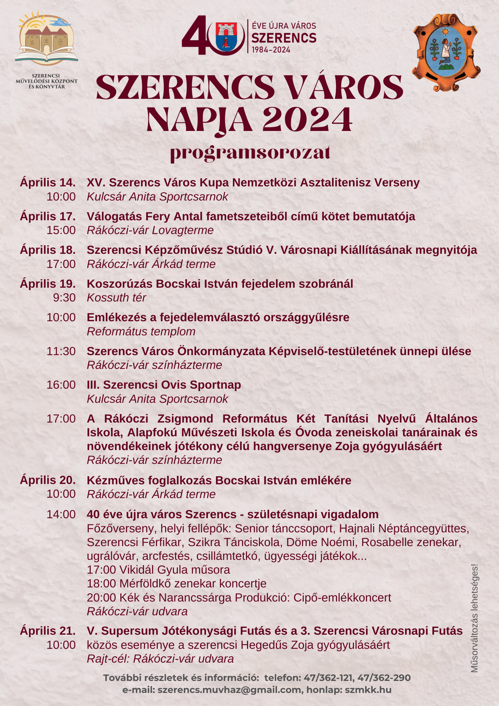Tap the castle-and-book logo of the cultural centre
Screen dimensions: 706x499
pos(47,39)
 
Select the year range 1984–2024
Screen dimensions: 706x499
pos(271,50)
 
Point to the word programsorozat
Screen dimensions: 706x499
pos(250,153)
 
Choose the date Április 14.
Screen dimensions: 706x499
pos(48,183)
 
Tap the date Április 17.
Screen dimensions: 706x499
pos(48,216)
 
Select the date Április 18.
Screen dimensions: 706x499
pos(48,250)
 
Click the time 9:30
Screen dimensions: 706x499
pos(64,298)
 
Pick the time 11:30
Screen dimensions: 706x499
pos(61,351)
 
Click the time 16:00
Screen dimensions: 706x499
pos(61,385)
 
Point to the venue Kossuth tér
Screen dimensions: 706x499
pos(116,298)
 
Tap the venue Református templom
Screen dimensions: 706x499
pos(141,331)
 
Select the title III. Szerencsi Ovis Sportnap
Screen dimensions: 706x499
pos(164,385)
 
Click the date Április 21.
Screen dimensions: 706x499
pos(48,631)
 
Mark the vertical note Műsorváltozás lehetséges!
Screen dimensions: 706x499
pos(474,618)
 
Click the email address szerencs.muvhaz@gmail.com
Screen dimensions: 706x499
pos(229,690)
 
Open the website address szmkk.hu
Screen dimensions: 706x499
pos(368,690)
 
